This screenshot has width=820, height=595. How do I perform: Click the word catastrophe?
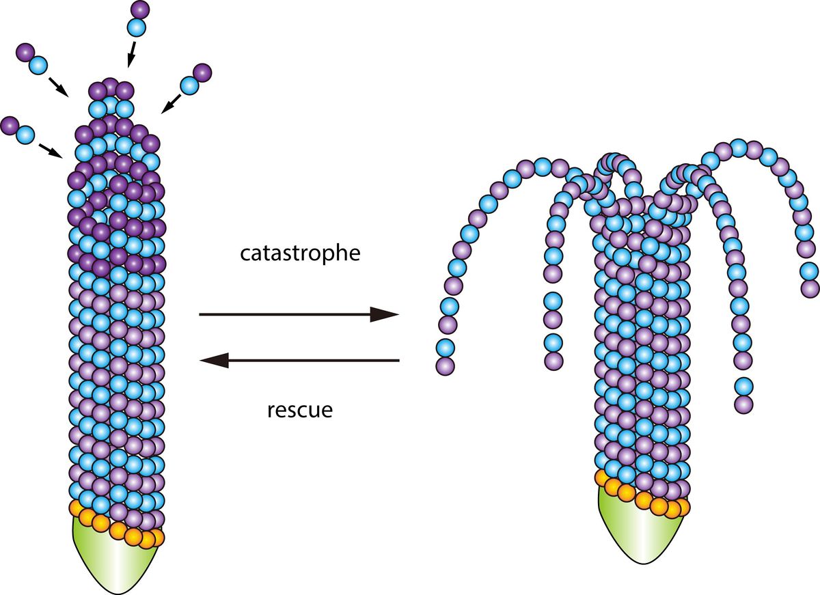300,253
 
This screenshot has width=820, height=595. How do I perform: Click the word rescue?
299,411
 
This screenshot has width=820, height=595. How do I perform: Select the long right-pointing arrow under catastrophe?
298,314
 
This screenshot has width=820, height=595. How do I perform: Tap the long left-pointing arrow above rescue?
299,360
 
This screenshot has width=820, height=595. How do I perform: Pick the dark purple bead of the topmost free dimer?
139,10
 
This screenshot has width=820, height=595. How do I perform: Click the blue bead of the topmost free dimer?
137,28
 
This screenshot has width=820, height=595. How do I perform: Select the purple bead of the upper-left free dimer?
25,51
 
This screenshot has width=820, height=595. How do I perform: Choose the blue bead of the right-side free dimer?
189,86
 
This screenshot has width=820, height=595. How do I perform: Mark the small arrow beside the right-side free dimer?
170,103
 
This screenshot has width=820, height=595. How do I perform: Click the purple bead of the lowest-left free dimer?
10,126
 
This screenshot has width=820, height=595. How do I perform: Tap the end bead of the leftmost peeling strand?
445,365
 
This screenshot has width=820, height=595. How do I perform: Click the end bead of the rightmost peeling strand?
810,288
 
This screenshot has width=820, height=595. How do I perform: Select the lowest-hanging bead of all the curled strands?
743,404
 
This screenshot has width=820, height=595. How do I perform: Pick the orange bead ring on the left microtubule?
116,526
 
